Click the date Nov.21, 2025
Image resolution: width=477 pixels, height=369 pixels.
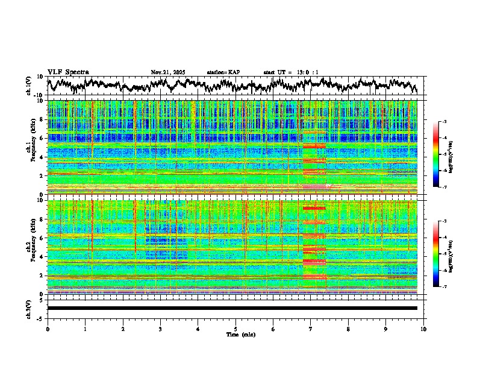click(168, 72)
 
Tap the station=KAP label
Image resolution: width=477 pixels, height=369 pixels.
click(223, 72)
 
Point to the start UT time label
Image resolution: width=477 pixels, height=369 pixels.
click(291, 72)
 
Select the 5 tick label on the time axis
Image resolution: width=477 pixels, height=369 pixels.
click(235, 329)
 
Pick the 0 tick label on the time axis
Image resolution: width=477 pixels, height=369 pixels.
click(48, 329)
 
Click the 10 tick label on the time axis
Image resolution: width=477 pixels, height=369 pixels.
click(423, 329)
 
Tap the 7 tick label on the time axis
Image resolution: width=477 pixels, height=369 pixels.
click(311, 329)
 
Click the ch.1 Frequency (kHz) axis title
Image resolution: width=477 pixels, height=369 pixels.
click(32, 148)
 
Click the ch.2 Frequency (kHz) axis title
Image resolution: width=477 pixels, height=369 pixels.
click(32, 247)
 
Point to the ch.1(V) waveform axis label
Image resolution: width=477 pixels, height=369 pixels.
click(29, 86)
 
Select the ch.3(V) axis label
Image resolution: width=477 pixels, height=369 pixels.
click(29, 308)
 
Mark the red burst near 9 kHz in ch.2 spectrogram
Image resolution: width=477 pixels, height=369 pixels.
click(314, 208)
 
